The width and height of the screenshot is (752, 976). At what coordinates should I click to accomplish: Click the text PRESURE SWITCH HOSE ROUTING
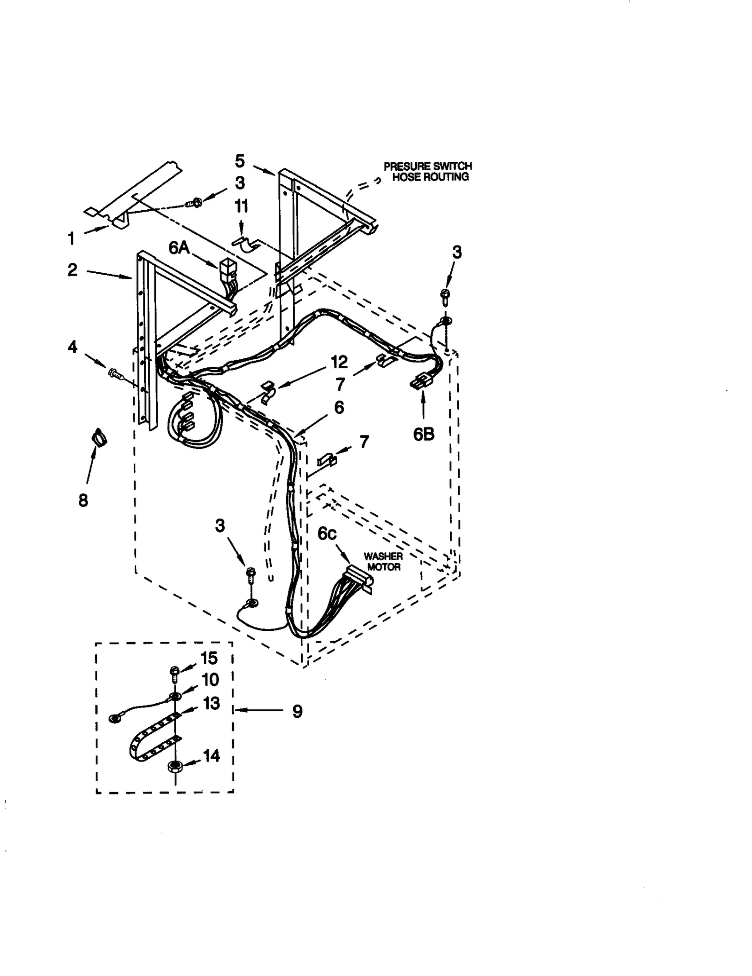click(x=427, y=171)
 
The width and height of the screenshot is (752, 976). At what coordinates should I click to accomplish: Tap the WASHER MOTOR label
click(x=384, y=562)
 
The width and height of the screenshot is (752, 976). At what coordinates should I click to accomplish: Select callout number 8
click(x=83, y=500)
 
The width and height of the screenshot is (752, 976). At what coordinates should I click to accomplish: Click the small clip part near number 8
click(x=99, y=437)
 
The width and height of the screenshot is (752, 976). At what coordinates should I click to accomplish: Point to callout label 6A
click(x=179, y=247)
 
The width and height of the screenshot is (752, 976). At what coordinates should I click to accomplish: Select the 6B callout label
click(x=423, y=434)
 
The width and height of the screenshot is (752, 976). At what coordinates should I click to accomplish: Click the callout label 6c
click(x=327, y=534)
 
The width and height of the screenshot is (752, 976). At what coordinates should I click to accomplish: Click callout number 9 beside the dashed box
click(x=297, y=711)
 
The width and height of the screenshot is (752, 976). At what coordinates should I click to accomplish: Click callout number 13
click(x=211, y=703)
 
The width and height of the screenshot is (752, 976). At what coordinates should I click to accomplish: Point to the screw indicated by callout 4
click(x=115, y=374)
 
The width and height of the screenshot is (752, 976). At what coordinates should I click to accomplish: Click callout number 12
click(x=339, y=362)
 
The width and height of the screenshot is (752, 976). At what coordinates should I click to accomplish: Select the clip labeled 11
click(x=246, y=244)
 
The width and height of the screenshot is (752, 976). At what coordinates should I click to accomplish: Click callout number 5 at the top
click(x=240, y=161)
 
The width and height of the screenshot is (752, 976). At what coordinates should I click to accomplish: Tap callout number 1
click(x=71, y=238)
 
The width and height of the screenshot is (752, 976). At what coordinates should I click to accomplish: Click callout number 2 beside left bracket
click(x=72, y=270)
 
